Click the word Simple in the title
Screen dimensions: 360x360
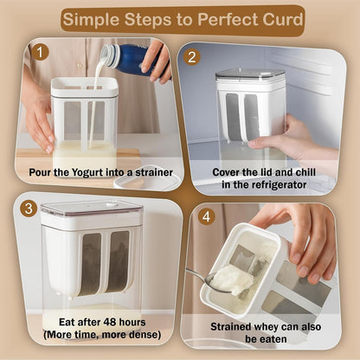coord(93,17)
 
